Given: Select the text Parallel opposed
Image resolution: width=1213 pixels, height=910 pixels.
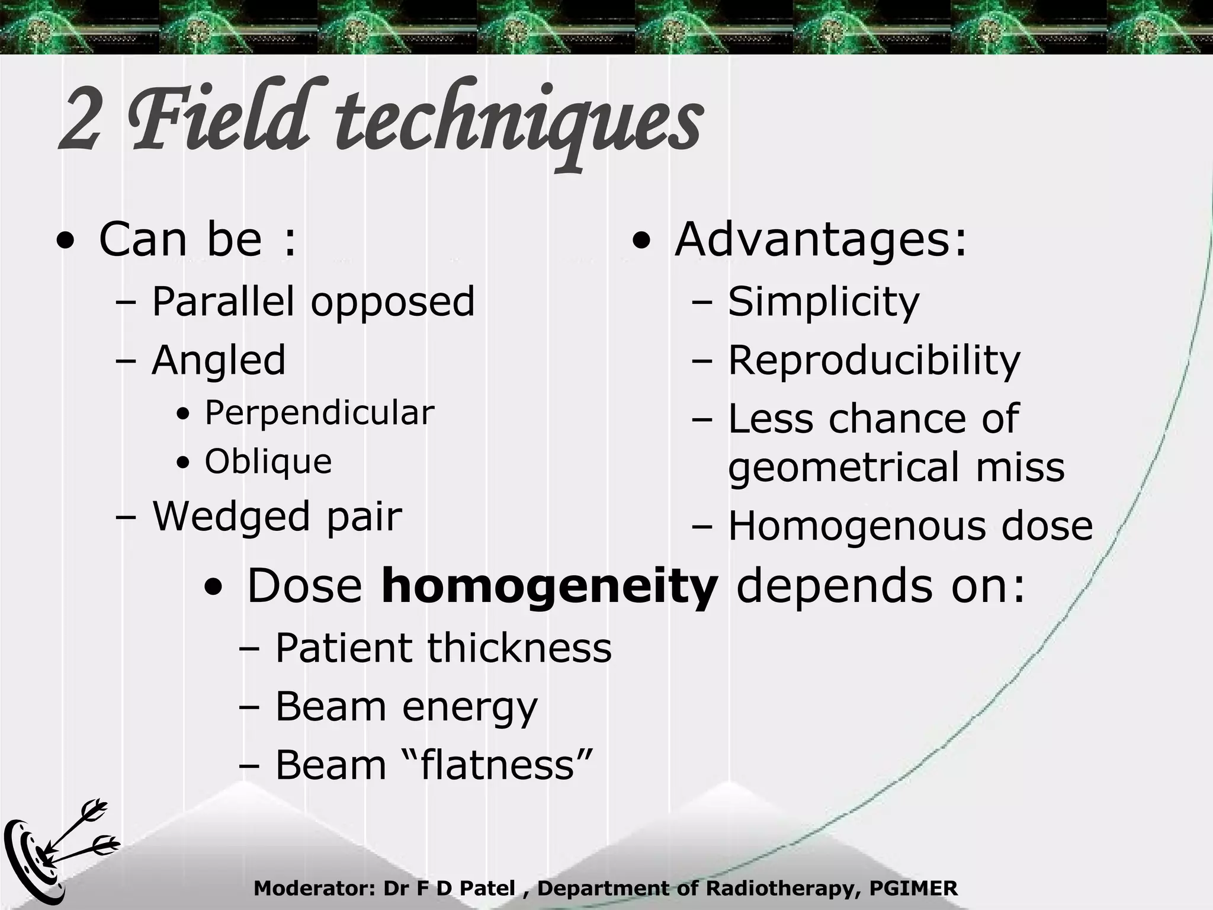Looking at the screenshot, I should click(313, 302).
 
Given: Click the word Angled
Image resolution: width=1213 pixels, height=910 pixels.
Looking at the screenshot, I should click(219, 360).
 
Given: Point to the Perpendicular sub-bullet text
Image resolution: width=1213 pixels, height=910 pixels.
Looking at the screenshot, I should click(319, 413).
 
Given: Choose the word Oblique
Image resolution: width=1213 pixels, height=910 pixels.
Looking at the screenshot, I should click(268, 462).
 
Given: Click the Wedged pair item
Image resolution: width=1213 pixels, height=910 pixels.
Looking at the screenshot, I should click(277, 515).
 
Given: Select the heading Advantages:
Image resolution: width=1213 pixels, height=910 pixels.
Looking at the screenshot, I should click(820, 239).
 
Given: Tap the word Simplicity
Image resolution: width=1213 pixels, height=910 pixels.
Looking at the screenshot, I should click(823, 302).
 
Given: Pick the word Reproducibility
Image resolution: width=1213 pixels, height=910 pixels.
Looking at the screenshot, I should click(874, 360).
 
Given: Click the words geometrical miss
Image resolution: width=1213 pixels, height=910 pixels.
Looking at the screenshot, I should click(896, 467).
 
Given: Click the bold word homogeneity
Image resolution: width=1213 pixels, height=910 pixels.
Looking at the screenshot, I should click(549, 586).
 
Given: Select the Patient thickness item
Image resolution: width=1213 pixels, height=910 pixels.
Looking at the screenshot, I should click(443, 648).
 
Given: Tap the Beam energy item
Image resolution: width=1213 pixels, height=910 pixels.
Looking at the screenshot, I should click(406, 706).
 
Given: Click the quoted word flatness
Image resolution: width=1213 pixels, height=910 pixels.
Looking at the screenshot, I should click(498, 764).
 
